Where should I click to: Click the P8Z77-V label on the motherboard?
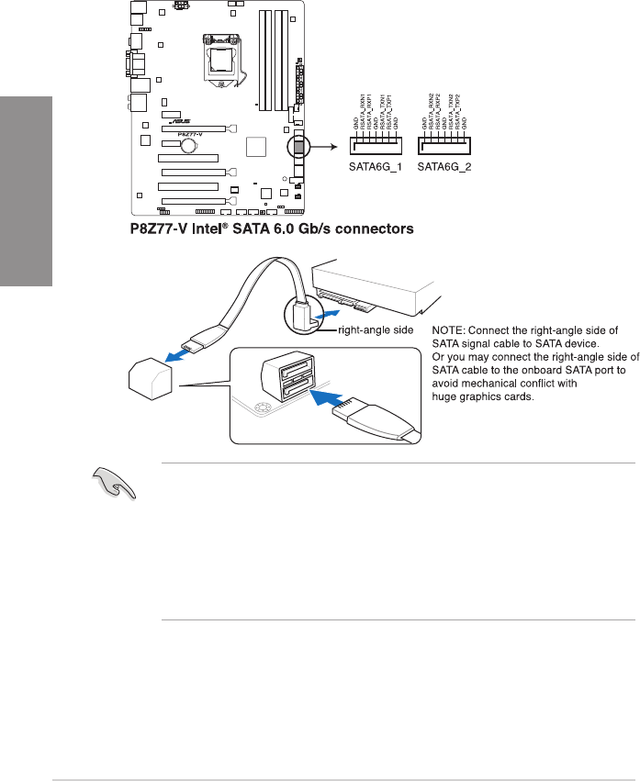[x=189, y=132]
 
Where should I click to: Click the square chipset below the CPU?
[x=258, y=147]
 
